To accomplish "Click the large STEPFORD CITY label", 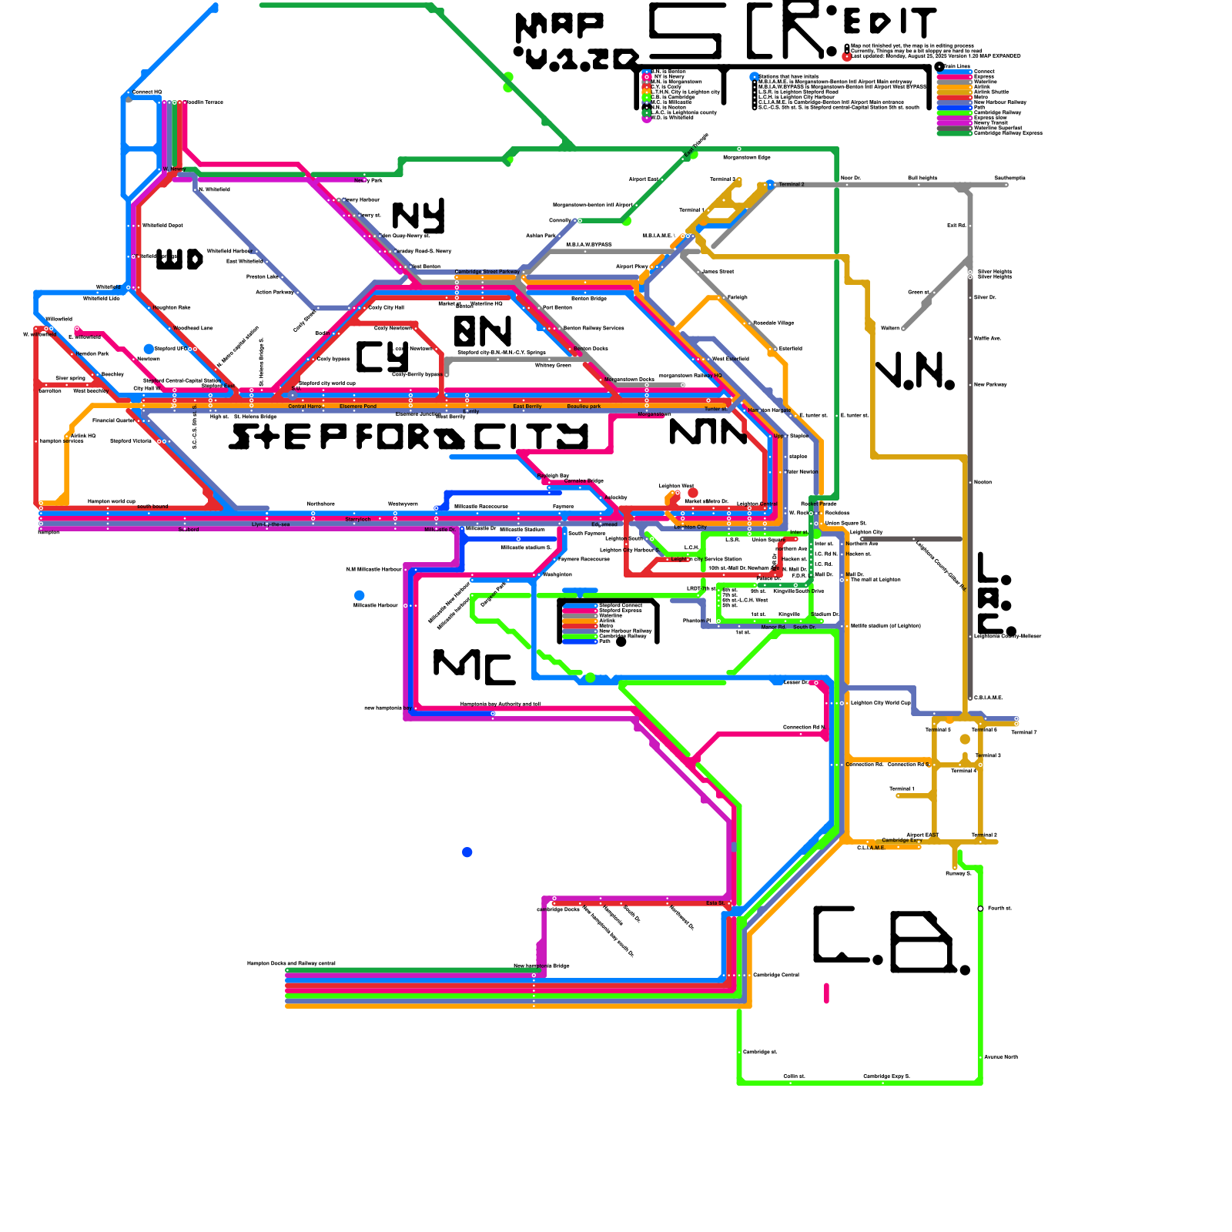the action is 409,437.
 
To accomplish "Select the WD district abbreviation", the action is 179,259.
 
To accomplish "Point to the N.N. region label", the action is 916,373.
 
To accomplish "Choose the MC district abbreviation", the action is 474,666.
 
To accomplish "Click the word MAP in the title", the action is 560,27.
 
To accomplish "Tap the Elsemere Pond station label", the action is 358,407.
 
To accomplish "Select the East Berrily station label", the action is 527,407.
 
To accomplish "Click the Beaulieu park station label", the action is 584,407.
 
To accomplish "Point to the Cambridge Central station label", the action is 776,975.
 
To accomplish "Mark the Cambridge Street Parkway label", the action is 487,272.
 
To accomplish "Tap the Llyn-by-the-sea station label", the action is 270,525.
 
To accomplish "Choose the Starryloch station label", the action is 358,520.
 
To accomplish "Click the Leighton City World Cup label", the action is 881,702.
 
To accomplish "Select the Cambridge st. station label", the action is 760,1052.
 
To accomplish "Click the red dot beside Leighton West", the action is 693,493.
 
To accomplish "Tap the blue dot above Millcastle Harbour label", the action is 360,595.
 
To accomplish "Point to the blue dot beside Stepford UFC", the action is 149,349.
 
